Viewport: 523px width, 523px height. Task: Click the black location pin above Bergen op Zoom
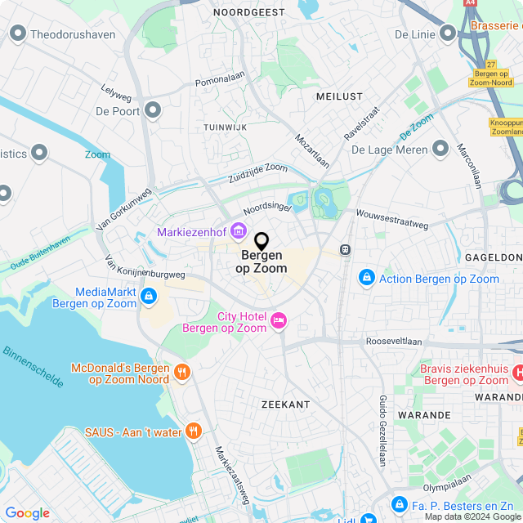pos(261,242)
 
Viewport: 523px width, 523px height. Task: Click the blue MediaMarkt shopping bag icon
pos(148,297)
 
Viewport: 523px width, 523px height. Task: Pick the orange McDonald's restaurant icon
pos(182,373)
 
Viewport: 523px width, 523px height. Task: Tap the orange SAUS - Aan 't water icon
pos(193,431)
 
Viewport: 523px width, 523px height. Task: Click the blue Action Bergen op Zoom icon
pos(367,279)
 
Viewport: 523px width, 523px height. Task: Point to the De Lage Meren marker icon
pos(440,149)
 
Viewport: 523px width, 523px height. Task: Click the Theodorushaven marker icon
pos(17,34)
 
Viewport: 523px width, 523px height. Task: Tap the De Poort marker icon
pos(153,111)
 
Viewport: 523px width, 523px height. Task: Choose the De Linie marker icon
pos(446,34)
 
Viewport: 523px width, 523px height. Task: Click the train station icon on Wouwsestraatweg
pos(346,250)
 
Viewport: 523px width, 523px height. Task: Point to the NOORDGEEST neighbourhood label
pos(249,12)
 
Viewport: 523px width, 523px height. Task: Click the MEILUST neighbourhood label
pos(338,96)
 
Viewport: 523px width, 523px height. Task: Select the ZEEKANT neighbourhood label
pos(285,404)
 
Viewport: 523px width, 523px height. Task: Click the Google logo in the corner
pos(27,512)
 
